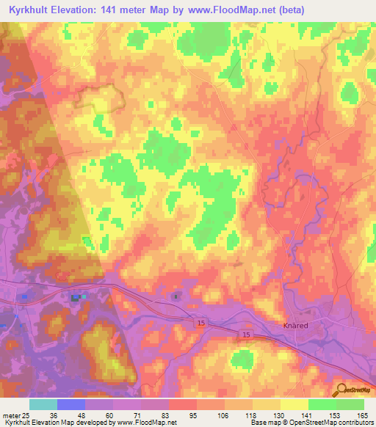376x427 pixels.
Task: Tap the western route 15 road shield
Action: [x=200, y=322]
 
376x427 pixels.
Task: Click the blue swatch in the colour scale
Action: [x=71, y=404]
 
